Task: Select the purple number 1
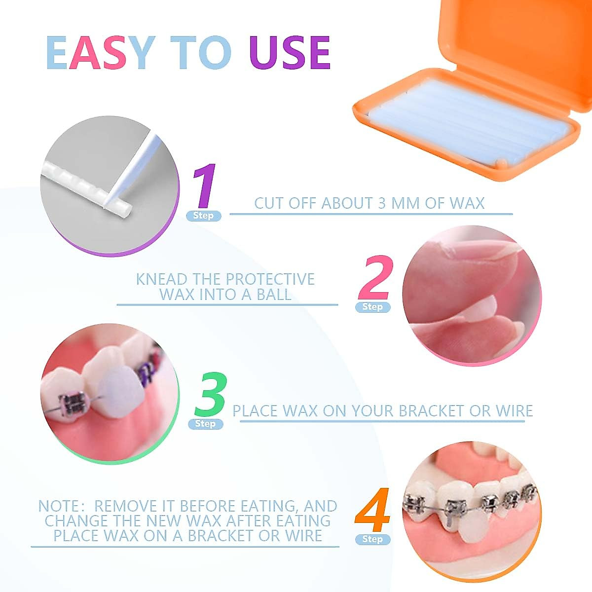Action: point(204,187)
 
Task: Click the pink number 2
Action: point(376,277)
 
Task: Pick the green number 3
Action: point(210,395)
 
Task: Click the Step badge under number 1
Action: point(203,216)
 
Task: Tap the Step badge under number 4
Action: point(372,539)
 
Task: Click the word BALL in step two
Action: point(274,295)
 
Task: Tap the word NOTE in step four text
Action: point(58,506)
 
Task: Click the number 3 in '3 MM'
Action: point(381,203)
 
